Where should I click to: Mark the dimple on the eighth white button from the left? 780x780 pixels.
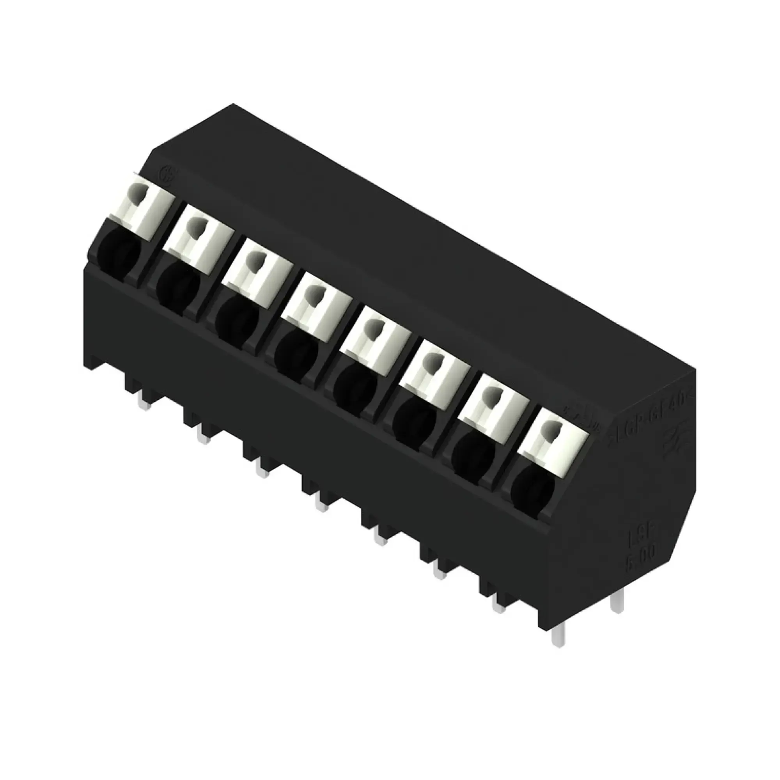coord(548,429)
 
